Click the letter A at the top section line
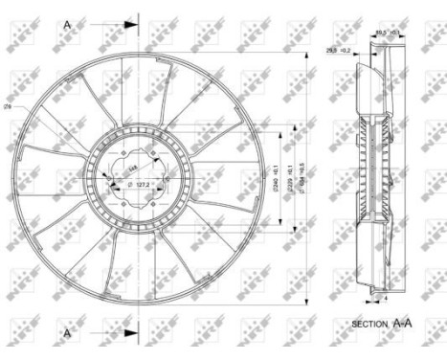click(67, 23)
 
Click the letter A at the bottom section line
click(67, 332)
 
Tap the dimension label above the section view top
click(386, 31)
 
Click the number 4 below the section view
click(384, 300)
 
